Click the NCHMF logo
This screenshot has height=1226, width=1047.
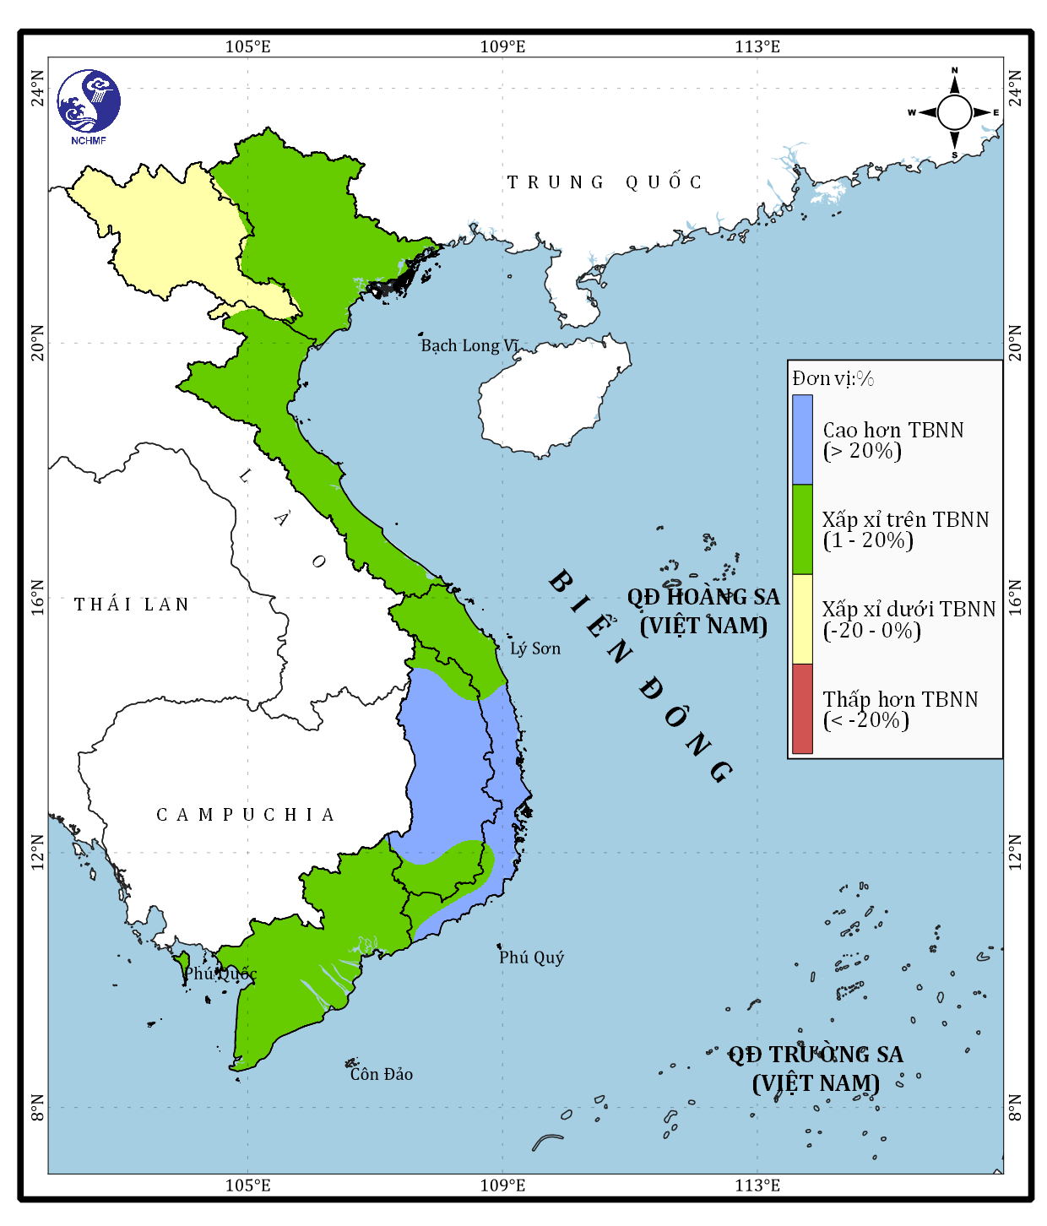[x=89, y=105]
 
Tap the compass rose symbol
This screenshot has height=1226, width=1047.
[x=954, y=112]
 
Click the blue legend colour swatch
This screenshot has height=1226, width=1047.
[x=802, y=439]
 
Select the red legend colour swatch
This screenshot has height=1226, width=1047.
[x=802, y=708]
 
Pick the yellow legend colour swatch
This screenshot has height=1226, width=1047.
[x=802, y=619]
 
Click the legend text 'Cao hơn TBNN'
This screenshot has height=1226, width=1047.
[x=892, y=430]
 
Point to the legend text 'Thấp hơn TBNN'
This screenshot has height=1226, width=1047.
[x=900, y=699]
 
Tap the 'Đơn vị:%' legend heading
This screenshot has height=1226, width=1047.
[x=833, y=378]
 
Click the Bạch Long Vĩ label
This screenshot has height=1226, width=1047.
[x=469, y=345]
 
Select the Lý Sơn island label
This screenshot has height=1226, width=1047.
[x=534, y=648]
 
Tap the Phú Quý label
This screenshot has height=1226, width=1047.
[x=531, y=957]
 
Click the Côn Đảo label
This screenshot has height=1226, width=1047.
[x=382, y=1074]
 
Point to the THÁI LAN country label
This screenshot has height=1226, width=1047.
[x=132, y=605]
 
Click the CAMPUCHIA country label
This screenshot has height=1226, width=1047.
[x=246, y=815]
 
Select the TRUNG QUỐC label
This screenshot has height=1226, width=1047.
[x=605, y=182]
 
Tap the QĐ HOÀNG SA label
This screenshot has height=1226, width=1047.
[x=703, y=598]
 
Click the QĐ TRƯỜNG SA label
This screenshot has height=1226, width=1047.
[x=816, y=1055]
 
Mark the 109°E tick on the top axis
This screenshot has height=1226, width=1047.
[x=502, y=46]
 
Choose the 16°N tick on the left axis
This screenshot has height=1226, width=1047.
[x=37, y=597]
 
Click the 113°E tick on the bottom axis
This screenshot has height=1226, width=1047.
[x=757, y=1185]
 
